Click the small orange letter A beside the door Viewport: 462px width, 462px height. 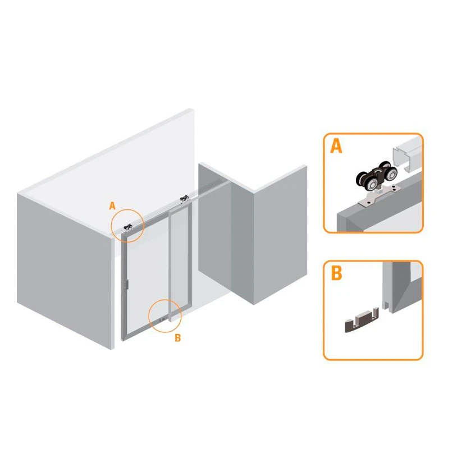coord(112,205)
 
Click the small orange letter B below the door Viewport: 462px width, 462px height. coord(177,338)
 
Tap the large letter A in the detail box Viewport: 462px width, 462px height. coord(336,146)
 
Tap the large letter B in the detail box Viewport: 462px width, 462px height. coord(336,273)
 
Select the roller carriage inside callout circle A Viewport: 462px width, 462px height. coord(128,227)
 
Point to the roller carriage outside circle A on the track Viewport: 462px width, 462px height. coord(185,198)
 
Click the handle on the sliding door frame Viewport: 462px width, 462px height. coord(127,284)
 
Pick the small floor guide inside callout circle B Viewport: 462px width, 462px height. coord(162,319)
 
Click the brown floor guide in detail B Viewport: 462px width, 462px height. coord(362,320)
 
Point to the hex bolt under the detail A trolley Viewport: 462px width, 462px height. coord(377,193)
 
